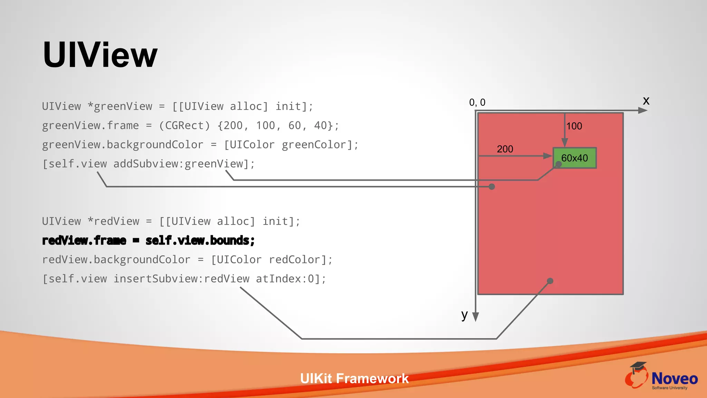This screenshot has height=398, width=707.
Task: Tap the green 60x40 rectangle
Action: point(574,158)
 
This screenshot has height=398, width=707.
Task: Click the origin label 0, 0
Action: point(477,102)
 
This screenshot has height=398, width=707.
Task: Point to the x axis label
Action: point(646,101)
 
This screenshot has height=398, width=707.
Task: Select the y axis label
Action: point(464,314)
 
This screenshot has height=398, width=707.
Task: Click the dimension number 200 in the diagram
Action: point(505,149)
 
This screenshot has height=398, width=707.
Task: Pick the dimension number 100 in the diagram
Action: point(574,126)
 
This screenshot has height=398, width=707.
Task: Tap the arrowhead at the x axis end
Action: point(642,111)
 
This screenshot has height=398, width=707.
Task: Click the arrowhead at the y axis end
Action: point(475,317)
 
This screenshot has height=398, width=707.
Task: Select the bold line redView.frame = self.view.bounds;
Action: point(148,240)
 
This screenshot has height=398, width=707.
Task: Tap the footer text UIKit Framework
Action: point(354,379)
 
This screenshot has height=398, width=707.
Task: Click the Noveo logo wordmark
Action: point(674,379)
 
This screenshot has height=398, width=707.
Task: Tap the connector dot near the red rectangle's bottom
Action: point(550,281)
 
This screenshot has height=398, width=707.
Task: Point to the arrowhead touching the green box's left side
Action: point(548,156)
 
